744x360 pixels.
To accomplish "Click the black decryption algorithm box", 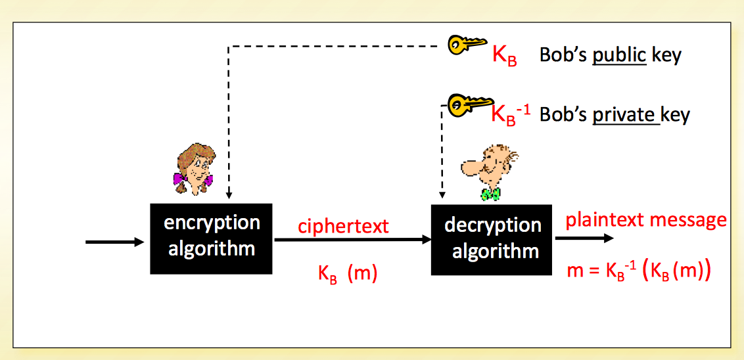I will click(492, 239).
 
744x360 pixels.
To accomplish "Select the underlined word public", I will click(619, 55).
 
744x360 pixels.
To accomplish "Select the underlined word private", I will click(624, 115).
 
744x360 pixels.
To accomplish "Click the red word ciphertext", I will click(343, 227).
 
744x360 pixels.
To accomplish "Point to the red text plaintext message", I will click(646, 219).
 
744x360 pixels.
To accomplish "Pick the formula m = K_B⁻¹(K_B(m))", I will click(638, 270).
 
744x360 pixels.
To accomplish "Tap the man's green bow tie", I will click(490, 194).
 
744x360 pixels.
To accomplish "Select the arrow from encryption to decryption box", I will click(352, 240).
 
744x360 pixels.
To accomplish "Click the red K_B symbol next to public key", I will click(504, 55).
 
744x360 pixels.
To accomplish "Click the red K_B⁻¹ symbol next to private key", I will click(511, 113).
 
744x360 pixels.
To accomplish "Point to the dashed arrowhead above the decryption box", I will click(442, 195).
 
